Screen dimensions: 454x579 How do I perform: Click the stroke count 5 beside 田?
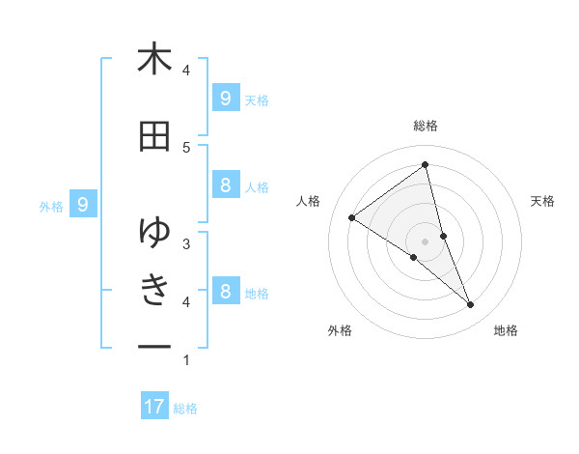coord(186,147)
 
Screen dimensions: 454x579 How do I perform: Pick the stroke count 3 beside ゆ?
coord(186,243)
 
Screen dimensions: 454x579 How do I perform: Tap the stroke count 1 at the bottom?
coord(186,360)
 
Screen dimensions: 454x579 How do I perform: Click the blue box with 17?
coord(154,407)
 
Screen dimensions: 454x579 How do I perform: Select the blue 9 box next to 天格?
coord(225,98)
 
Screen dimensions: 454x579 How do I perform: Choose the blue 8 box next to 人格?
coord(225,185)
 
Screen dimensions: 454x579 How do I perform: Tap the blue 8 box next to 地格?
coord(225,291)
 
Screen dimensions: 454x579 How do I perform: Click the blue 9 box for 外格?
coord(83,205)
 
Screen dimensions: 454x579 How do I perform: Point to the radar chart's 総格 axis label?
coord(426,126)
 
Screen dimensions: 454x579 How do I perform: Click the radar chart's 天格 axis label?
coord(543,201)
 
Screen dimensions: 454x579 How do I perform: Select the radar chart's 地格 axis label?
coord(506,330)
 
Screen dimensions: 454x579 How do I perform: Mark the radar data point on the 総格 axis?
coord(426,164)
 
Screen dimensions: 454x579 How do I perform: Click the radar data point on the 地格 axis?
coord(471,305)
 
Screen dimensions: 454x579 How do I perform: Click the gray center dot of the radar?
coord(426,241)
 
